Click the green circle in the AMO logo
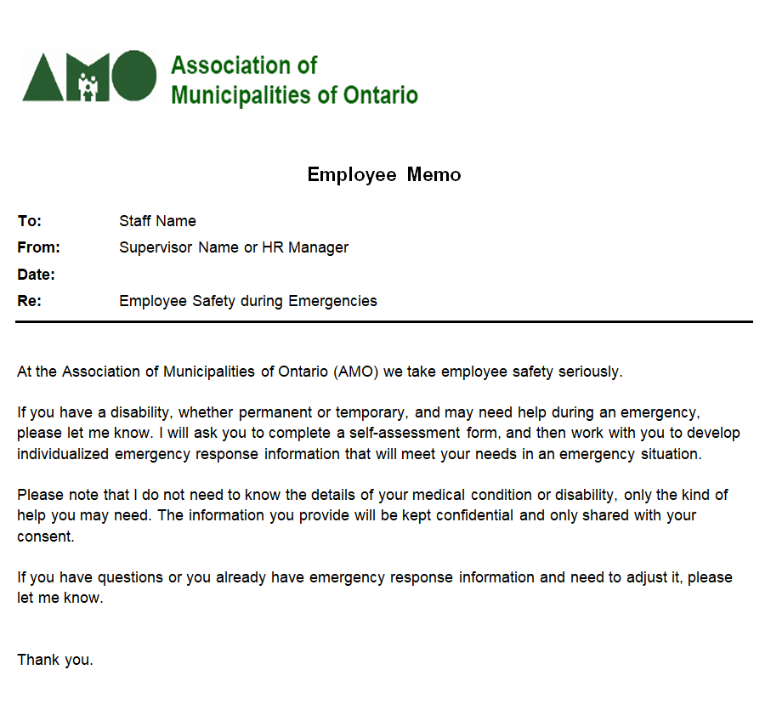tap(133, 76)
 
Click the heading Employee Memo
tap(384, 175)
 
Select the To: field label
tap(30, 221)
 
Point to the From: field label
tap(38, 247)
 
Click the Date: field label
tap(37, 275)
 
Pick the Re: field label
tap(30, 301)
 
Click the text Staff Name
tap(157, 221)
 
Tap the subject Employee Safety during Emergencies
tap(248, 301)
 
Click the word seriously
tap(592, 372)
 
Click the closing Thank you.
tap(55, 660)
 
